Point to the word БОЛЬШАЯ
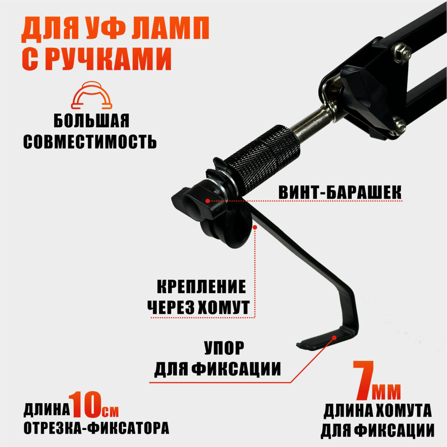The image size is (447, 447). (92, 121)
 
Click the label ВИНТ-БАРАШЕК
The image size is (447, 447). (340, 192)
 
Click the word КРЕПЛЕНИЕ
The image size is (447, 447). (201, 287)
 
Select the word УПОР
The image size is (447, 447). (224, 348)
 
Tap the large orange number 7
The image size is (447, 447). (363, 380)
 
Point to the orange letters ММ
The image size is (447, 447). (386, 392)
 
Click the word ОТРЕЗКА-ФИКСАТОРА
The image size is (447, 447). (97, 428)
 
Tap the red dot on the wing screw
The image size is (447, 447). (208, 201)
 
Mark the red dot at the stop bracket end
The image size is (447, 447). (334, 337)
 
